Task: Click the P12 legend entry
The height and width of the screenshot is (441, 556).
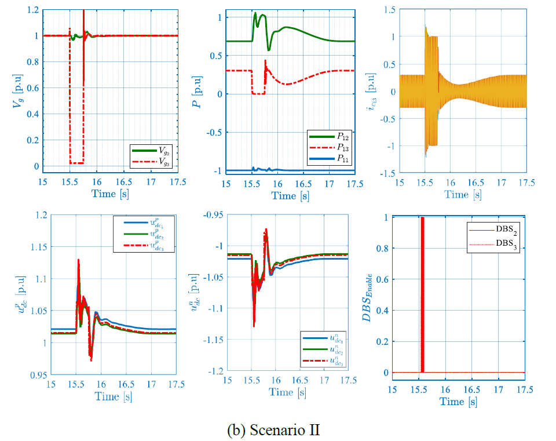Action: [x=338, y=137]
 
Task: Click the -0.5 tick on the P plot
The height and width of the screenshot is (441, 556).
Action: [x=210, y=132]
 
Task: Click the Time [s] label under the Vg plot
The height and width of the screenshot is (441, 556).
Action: [x=112, y=193]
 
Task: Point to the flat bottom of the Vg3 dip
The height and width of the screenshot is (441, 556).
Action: [x=76, y=163]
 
